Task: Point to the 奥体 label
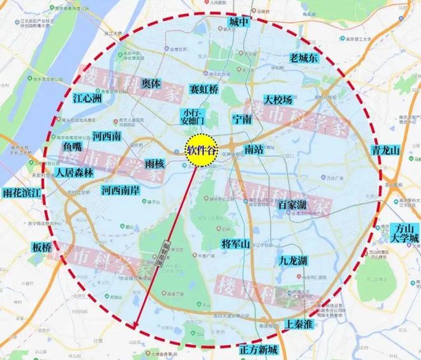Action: pyautogui.click(x=151, y=84)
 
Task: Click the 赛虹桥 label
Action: pyautogui.click(x=204, y=90)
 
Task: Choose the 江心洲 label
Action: pyautogui.click(x=87, y=100)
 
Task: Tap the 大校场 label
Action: pyautogui.click(x=278, y=100)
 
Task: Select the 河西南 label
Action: pyautogui.click(x=107, y=137)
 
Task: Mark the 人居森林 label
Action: pyautogui.click(x=73, y=172)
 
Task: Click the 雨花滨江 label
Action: pyautogui.click(x=22, y=192)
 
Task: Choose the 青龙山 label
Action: pyautogui.click(x=385, y=151)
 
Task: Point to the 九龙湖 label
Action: pyautogui.click(x=293, y=260)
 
